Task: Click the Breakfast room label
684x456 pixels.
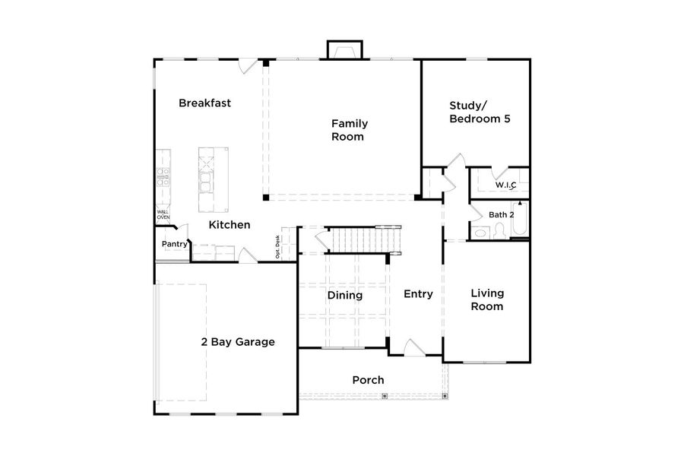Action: coord(204,103)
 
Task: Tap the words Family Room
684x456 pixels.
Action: coord(349,130)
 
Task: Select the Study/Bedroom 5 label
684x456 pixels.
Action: coord(479,112)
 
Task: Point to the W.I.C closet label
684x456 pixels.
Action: coord(505,185)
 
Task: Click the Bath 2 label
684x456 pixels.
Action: coord(501,215)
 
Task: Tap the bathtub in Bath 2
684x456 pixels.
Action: coord(520,220)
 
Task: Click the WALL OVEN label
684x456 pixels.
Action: coord(163,215)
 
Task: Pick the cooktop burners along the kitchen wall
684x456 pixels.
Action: coord(163,177)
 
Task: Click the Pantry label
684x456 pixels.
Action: coord(174,244)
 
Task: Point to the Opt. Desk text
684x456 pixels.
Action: coord(279,247)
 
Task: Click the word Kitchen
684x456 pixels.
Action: coord(230,225)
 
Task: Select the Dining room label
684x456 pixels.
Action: coord(344,295)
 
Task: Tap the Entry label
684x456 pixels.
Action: coord(418,294)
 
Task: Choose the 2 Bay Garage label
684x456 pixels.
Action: coord(237,342)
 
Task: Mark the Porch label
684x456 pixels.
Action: coord(368,380)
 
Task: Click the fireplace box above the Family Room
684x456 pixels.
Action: coord(345,51)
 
